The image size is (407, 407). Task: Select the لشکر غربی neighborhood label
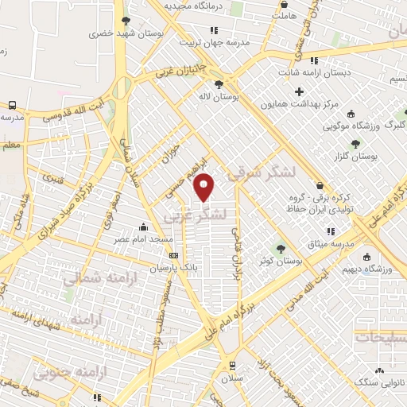coord(196,215)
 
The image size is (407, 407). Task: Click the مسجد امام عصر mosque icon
coord(143,227)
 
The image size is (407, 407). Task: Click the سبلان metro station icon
coord(231,366)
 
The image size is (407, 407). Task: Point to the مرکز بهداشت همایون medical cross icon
coord(299,91)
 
